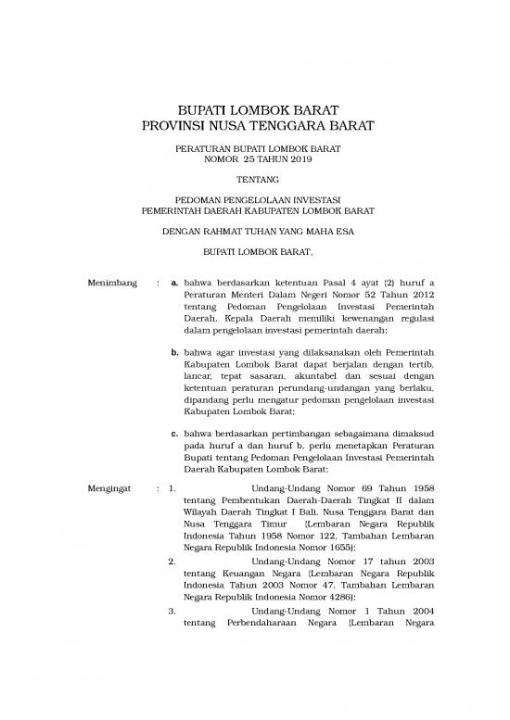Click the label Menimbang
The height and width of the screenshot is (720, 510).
point(111,282)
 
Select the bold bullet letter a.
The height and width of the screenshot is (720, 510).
point(177,282)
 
